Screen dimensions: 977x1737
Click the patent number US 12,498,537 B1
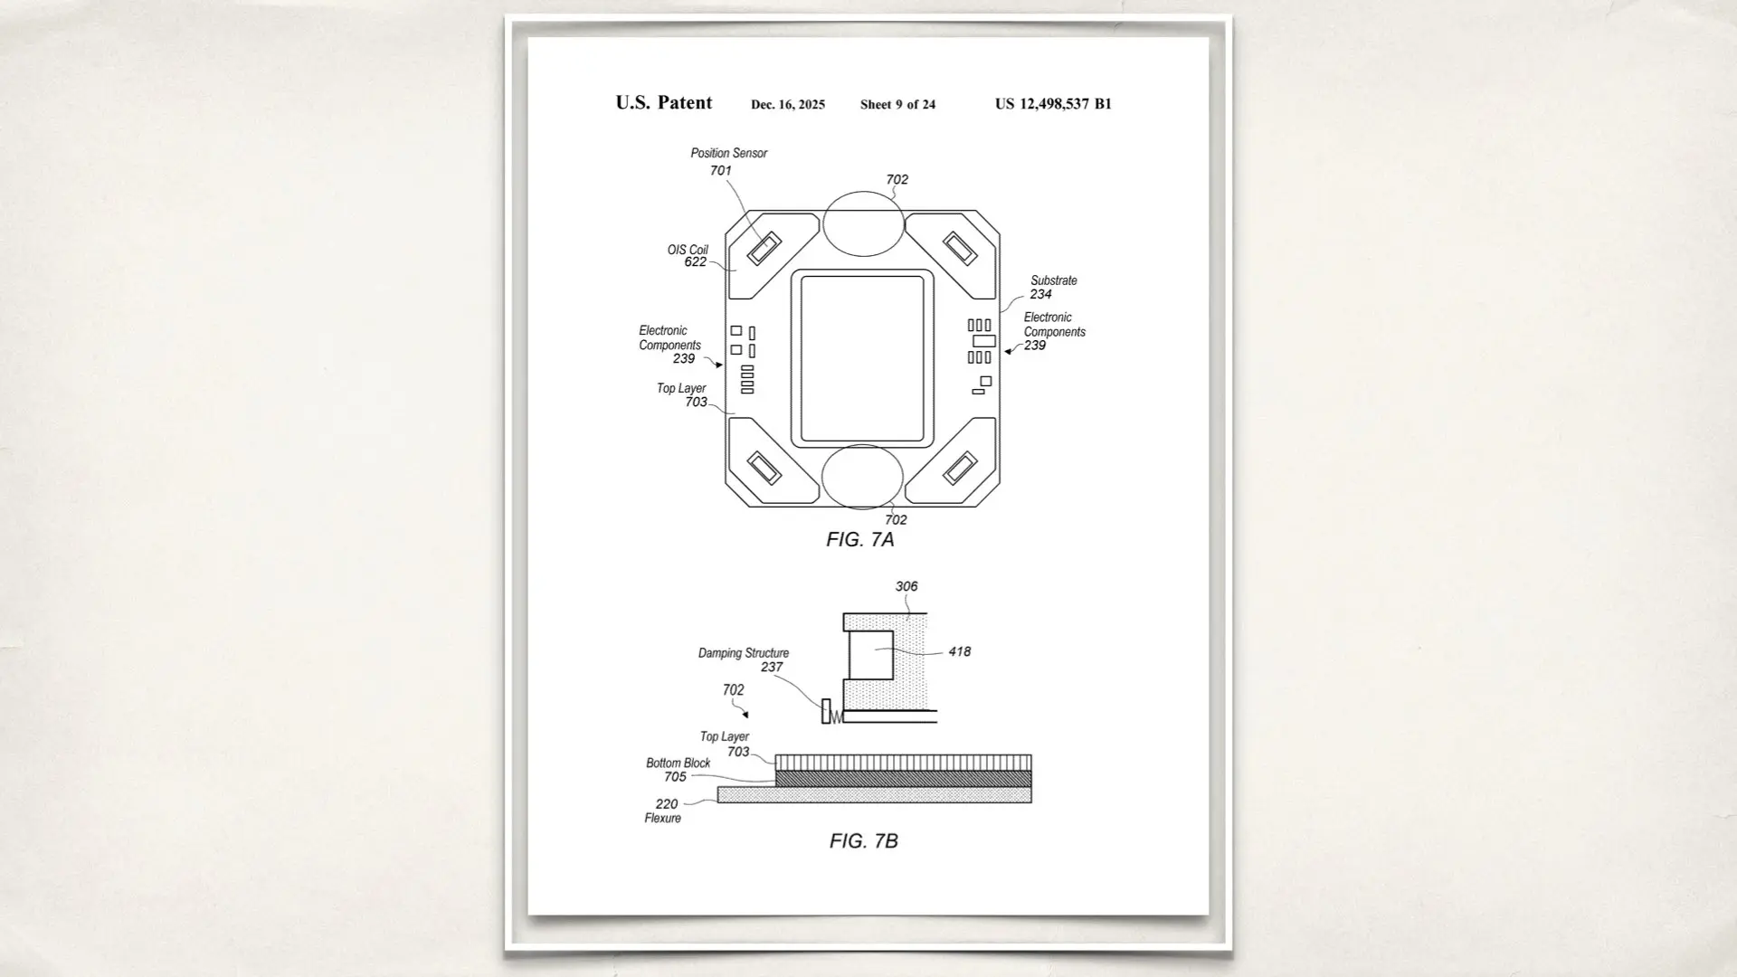tap(1053, 104)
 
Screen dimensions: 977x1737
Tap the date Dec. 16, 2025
tap(787, 105)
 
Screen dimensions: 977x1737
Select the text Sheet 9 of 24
tap(897, 105)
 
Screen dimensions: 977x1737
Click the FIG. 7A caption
tap(859, 540)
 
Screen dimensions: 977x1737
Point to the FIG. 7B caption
tap(863, 841)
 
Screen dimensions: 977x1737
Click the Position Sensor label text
tap(728, 154)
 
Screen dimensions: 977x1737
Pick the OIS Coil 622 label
tap(689, 256)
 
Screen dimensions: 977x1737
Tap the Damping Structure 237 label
tap(745, 659)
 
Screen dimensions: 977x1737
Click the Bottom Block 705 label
tap(678, 770)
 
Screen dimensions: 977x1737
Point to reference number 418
tap(959, 651)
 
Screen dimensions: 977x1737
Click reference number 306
tap(906, 586)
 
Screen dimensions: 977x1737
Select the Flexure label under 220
tap(662, 818)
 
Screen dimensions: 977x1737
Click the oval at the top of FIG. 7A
tap(863, 223)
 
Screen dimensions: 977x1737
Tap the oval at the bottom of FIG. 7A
tap(862, 477)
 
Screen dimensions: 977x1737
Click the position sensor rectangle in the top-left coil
tap(764, 248)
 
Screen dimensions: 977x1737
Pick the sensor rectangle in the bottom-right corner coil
tap(960, 469)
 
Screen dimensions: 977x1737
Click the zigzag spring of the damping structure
tap(836, 716)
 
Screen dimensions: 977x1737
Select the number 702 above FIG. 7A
tap(897, 180)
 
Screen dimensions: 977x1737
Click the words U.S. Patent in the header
tap(663, 103)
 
